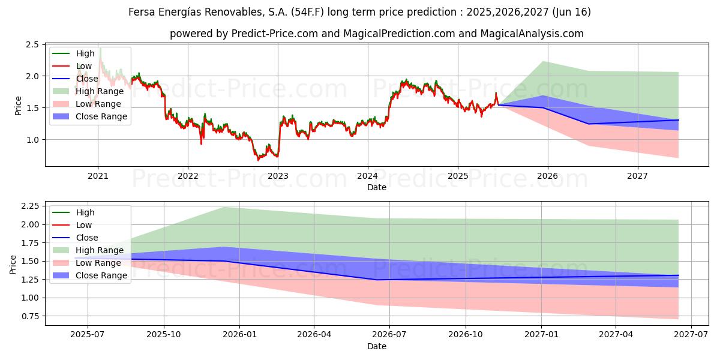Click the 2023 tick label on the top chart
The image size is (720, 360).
tap(278, 176)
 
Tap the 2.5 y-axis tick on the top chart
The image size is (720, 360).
tap(32, 45)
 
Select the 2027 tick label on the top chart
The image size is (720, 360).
tap(637, 176)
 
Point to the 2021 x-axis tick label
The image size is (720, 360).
tap(98, 176)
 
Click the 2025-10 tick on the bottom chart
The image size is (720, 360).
tap(164, 335)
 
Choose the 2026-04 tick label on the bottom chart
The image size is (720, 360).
tap(314, 335)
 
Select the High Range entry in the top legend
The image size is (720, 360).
tap(100, 91)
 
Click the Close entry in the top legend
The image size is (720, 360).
tap(87, 79)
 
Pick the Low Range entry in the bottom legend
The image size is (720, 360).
tap(98, 263)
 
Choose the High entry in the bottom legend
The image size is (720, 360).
tap(85, 212)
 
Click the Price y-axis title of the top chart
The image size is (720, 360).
tap(18, 106)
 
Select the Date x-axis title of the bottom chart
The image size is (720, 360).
tap(377, 346)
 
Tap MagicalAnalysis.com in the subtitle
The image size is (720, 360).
tap(532, 34)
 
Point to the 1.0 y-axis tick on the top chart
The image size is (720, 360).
tap(32, 140)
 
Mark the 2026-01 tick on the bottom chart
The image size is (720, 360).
tap(239, 335)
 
